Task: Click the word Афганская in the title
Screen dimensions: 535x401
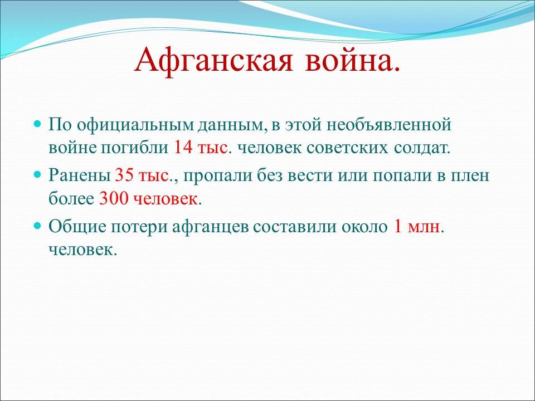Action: (213, 60)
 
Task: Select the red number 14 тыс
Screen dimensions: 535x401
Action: (201, 147)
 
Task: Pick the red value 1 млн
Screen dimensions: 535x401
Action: (417, 227)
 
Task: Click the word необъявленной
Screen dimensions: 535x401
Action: (389, 124)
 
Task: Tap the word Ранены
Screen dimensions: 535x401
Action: (80, 175)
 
